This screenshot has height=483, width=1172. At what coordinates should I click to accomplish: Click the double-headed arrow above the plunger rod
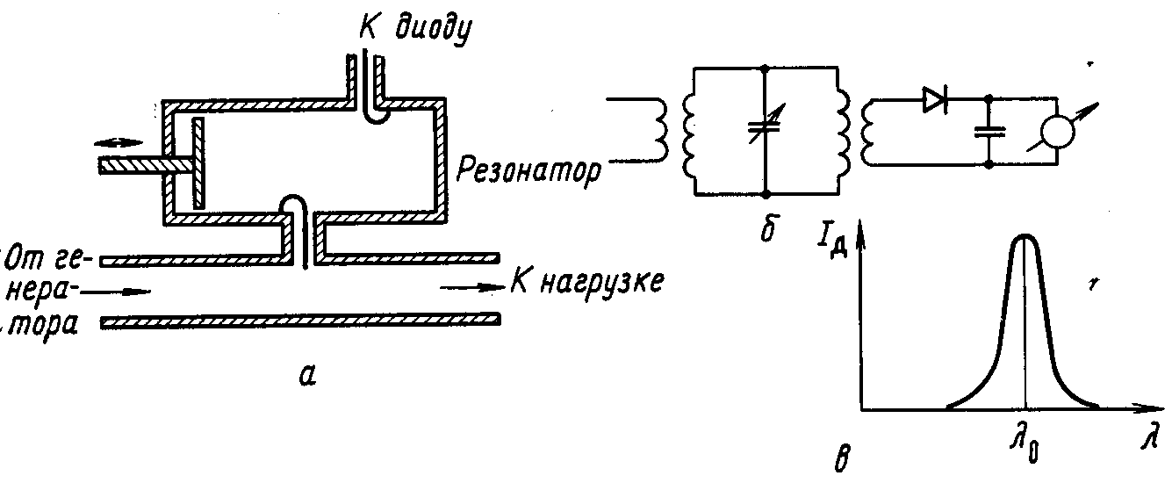point(115,141)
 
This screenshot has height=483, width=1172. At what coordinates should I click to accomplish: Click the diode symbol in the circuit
point(934,101)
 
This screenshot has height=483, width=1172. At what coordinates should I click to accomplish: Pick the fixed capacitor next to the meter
point(989,132)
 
